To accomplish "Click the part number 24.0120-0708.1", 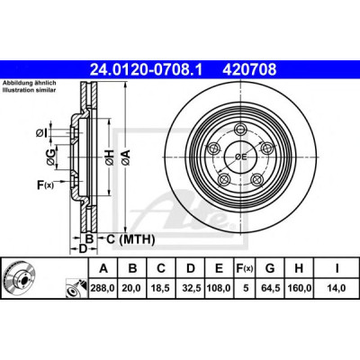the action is (147, 70).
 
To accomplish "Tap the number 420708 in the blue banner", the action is (249, 70).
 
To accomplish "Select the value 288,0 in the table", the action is (103, 288).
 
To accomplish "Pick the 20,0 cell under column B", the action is (131, 288).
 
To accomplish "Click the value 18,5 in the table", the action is (160, 288).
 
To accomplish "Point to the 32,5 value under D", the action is (192, 288).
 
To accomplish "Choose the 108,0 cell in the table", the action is (219, 288).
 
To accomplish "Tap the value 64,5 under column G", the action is (270, 288).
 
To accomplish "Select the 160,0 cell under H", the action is (300, 288).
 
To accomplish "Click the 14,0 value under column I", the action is (337, 288).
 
